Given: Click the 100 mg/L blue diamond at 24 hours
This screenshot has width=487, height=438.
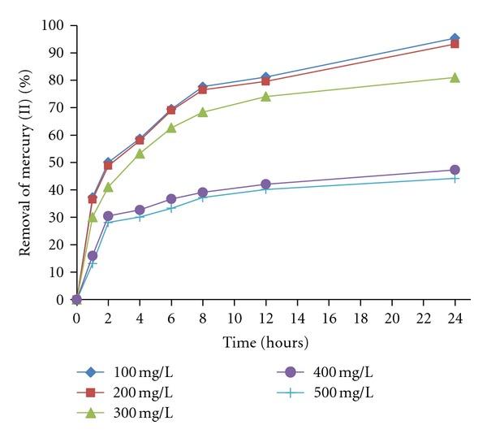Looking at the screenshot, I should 455,38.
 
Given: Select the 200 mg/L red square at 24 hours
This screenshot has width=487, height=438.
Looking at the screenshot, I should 455,44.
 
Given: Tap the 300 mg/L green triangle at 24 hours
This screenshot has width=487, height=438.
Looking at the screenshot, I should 455,77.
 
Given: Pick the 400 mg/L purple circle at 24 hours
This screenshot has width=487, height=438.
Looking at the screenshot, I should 455,170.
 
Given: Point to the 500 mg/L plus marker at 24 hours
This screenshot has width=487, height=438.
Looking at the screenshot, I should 455,178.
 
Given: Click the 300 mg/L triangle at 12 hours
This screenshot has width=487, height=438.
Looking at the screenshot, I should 265,97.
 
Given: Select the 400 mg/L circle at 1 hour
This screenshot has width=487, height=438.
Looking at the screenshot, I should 93,255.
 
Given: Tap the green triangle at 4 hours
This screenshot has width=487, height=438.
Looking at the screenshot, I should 140,154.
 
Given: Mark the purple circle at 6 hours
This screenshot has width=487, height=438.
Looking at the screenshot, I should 171,198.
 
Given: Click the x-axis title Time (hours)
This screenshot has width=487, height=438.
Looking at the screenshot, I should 265,343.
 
